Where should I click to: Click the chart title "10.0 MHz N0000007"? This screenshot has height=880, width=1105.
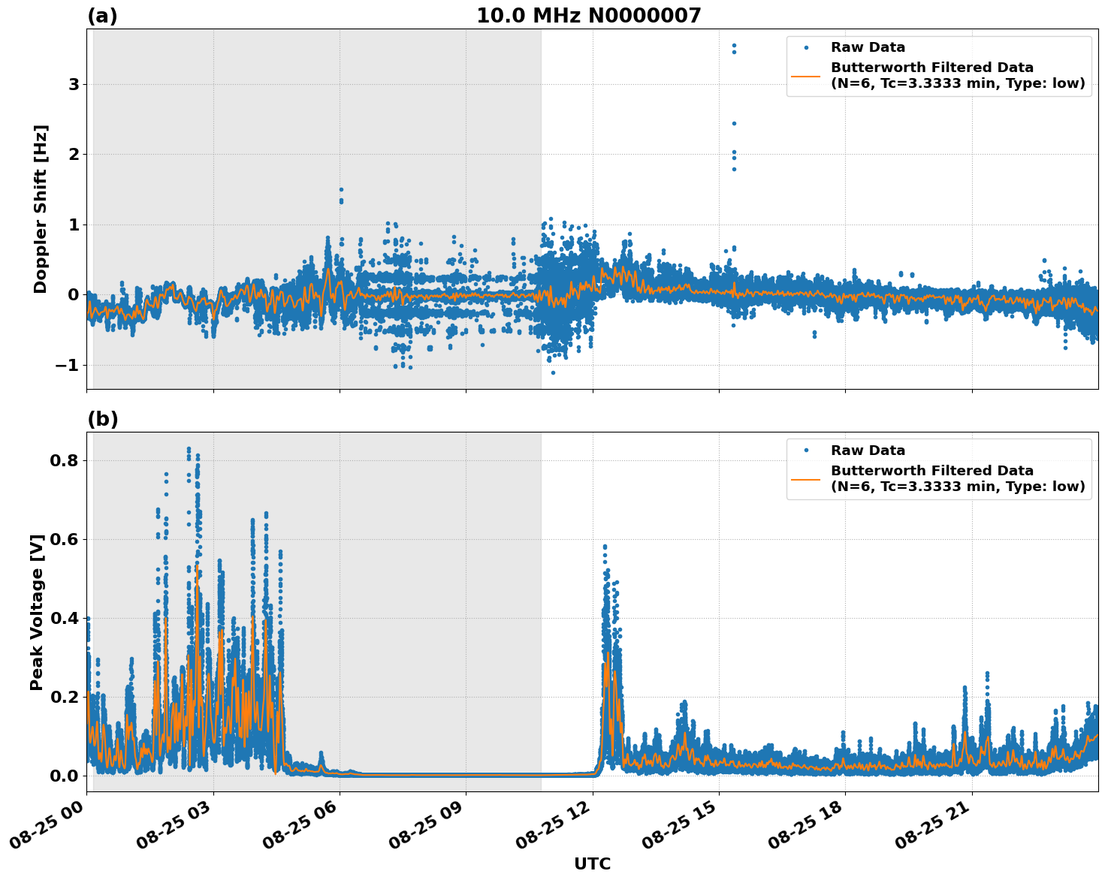(588, 16)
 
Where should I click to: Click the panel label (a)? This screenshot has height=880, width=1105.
(102, 16)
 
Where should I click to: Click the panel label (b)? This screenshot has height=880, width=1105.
(102, 419)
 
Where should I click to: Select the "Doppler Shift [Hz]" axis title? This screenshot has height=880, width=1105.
(41, 209)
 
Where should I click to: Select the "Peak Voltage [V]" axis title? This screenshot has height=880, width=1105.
(37, 612)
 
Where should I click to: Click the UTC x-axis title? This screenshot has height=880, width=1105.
(592, 863)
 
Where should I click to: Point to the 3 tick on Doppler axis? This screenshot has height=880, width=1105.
(74, 85)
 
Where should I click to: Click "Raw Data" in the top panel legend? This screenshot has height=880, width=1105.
(868, 48)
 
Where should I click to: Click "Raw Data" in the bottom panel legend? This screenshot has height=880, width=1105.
(868, 451)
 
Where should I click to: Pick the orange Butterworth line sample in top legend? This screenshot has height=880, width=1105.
(805, 76)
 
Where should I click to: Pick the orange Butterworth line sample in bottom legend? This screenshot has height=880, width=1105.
(805, 479)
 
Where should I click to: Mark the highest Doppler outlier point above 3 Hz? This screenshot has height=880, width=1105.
(734, 46)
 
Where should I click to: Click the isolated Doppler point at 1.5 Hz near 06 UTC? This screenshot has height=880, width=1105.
(341, 190)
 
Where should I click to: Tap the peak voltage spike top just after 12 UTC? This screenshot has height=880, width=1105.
(605, 547)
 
